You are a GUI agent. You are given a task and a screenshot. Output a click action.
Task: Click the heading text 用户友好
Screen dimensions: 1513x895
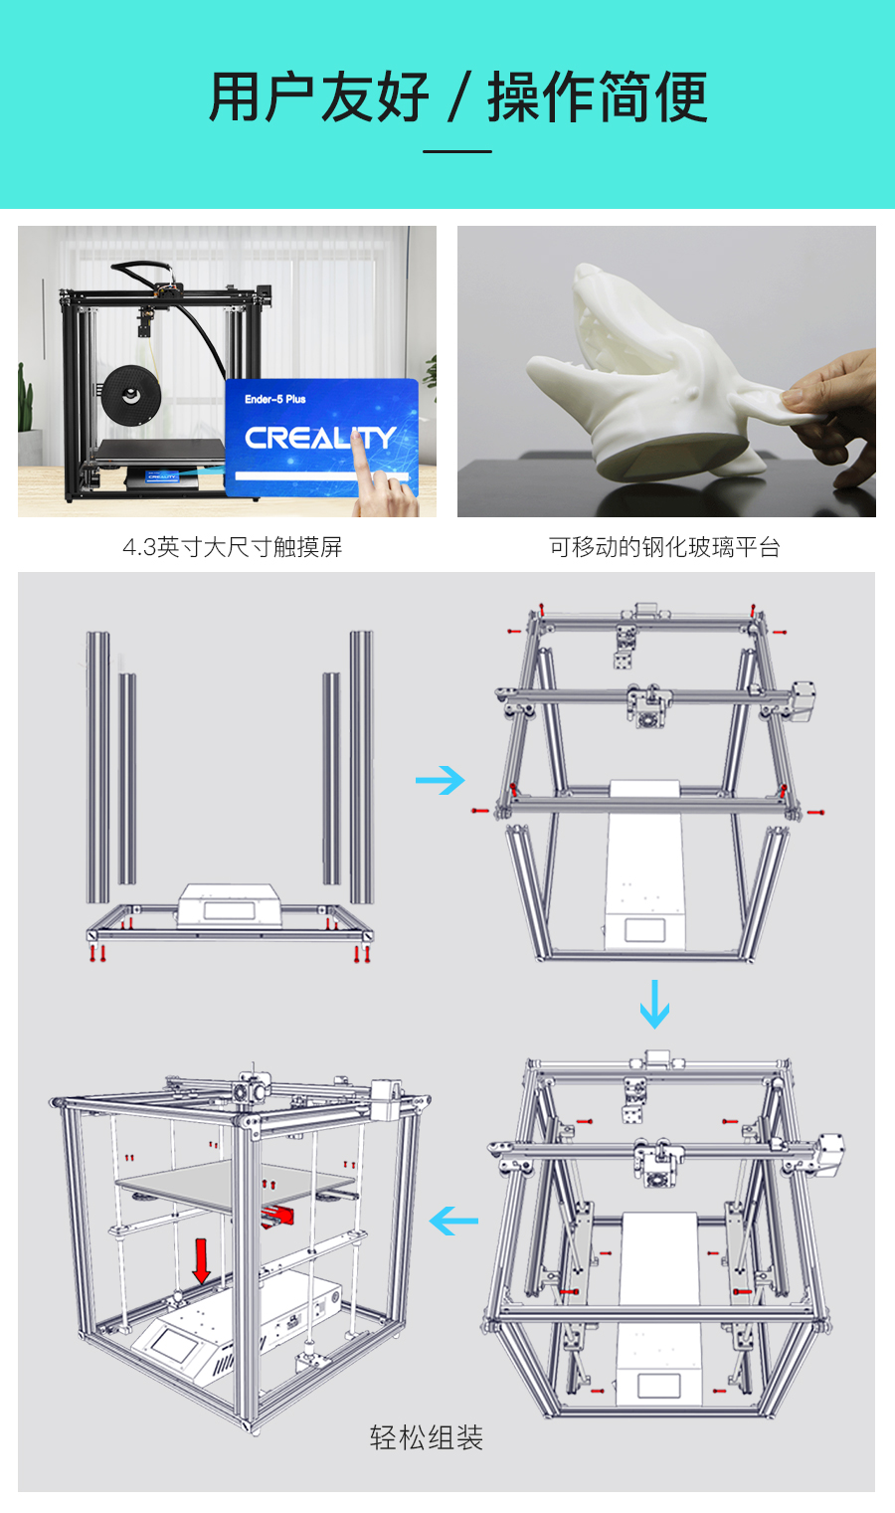tap(318, 97)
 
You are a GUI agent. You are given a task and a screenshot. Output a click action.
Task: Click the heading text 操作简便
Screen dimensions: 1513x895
tap(597, 97)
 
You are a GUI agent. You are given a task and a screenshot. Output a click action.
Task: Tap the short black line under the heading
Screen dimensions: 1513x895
tap(457, 151)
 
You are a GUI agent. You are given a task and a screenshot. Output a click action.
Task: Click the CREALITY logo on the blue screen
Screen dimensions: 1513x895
tap(320, 438)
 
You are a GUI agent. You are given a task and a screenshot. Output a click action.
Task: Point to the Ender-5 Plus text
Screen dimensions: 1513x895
tap(275, 399)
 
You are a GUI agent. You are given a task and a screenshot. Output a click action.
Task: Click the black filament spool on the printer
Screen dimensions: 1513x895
tap(130, 394)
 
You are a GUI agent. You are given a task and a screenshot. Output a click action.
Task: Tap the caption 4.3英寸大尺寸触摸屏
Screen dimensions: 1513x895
tap(232, 547)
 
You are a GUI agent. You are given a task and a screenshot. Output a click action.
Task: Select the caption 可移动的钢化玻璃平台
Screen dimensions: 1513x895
tap(664, 547)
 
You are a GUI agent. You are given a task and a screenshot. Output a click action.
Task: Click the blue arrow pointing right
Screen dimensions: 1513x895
tap(441, 780)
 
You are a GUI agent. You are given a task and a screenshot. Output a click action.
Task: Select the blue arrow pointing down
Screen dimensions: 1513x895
tap(654, 1005)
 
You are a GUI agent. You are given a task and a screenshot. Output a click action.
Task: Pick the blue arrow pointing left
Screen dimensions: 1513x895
tap(453, 1221)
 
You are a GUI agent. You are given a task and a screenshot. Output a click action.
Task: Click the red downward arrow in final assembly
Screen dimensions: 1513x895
tap(201, 1261)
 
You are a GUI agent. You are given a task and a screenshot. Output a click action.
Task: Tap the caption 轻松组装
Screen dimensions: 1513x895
tap(426, 1437)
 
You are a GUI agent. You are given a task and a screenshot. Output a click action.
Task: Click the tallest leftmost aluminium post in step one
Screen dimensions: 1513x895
tap(96, 766)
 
